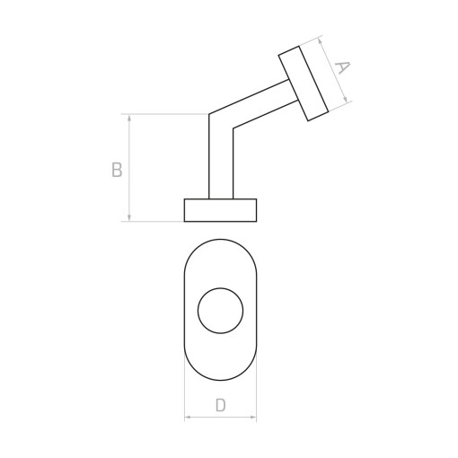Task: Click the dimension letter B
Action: coord(117,170)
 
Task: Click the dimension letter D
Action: coord(220,405)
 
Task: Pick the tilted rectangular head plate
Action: coord(304,84)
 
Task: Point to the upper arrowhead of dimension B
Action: coord(129,118)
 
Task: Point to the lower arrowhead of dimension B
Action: coord(129,218)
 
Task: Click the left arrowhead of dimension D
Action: coord(188,417)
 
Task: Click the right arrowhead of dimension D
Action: coord(253,417)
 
